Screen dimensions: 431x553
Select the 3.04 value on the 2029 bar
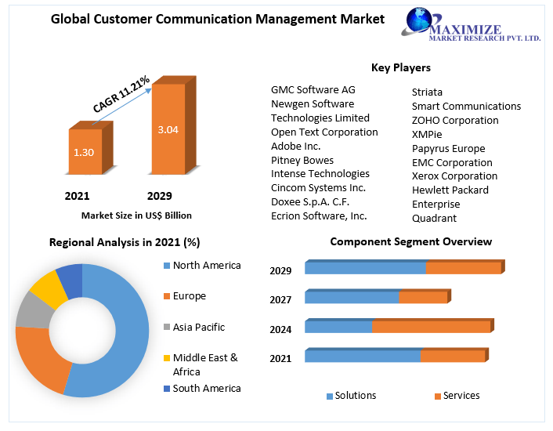pyautogui.click(x=168, y=129)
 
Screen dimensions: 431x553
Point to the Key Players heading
pyautogui.click(x=401, y=67)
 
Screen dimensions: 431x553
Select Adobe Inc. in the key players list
pyautogui.click(x=296, y=146)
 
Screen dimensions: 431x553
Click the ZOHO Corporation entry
pyautogui.click(x=455, y=120)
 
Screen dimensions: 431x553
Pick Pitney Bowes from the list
pyautogui.click(x=302, y=160)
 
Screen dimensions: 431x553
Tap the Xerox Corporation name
pyautogui.click(x=454, y=176)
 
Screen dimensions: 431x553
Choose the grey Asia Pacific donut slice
pyautogui.click(x=31, y=310)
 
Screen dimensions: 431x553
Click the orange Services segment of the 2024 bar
pyautogui.click(x=431, y=327)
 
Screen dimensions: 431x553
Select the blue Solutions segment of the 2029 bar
pyautogui.click(x=365, y=268)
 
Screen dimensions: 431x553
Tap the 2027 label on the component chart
pyautogui.click(x=280, y=299)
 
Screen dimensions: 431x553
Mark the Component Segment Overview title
pyautogui.click(x=410, y=241)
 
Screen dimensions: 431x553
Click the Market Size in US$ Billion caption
pyautogui.click(x=136, y=215)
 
